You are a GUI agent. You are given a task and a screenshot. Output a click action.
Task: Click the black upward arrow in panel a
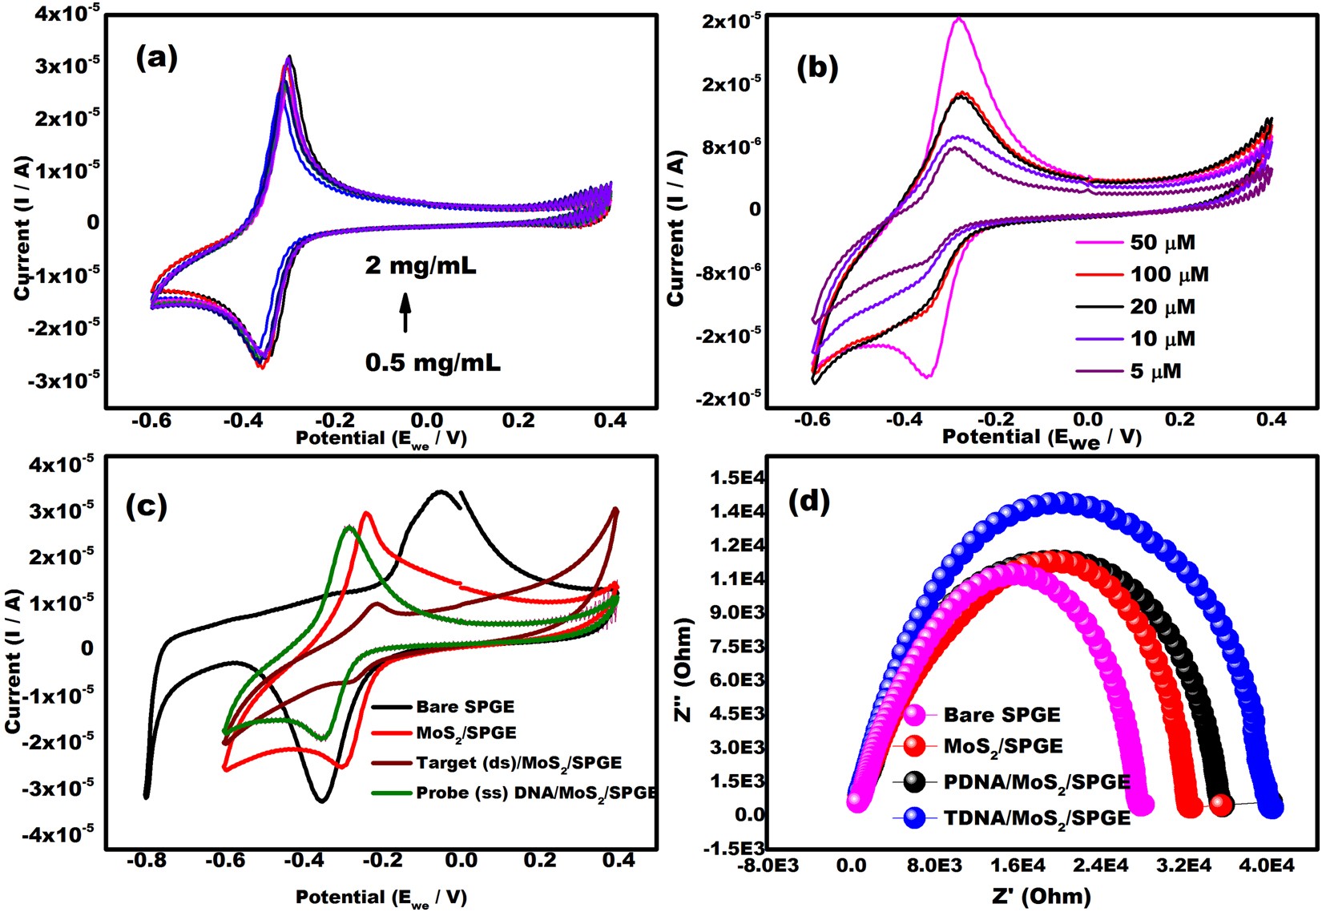pos(405,313)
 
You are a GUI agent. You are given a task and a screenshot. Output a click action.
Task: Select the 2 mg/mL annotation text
pos(421,264)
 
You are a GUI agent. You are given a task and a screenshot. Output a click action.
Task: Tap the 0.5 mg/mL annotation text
pos(433,362)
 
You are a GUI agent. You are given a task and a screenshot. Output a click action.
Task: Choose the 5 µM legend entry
pos(1155,371)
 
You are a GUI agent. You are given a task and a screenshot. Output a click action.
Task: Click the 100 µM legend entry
pos(1169,275)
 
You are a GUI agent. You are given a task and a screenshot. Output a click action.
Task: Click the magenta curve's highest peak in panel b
pos(959,19)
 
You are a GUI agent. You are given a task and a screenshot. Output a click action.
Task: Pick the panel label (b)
pos(817,68)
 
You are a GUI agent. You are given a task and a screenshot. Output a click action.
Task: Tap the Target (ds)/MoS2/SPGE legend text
pos(518,762)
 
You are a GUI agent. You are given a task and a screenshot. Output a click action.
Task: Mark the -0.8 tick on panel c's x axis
pos(144,861)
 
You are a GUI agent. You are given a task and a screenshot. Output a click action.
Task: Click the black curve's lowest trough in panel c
pos(321,799)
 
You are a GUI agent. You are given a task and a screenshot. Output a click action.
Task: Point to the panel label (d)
pos(809,501)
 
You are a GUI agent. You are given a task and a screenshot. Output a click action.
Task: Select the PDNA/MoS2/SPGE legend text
pos(1037,781)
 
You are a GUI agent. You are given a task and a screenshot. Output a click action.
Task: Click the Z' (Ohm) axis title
pos(1041,895)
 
